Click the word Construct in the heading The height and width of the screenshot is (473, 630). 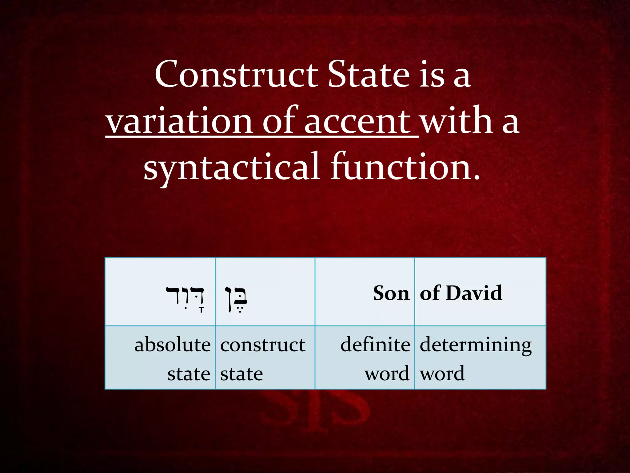tap(236, 74)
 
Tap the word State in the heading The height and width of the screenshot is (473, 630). tap(369, 74)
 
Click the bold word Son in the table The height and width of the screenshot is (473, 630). tap(391, 293)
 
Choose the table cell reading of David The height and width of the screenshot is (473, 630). tap(461, 293)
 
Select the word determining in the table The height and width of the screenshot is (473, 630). tap(476, 345)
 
